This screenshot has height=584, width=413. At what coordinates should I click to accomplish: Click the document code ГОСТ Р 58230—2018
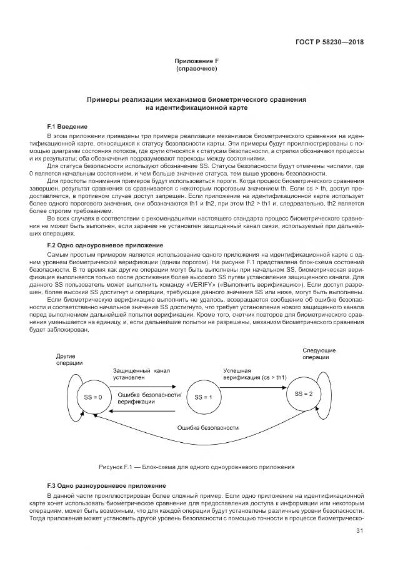(330, 43)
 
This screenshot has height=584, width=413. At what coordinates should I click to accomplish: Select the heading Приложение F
(197, 61)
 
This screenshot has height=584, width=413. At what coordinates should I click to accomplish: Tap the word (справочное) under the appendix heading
(197, 68)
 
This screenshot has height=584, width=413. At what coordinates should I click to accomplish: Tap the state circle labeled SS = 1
(203, 397)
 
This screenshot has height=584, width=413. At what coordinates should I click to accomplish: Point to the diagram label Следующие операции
(319, 354)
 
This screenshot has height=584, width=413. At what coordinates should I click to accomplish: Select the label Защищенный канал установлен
(141, 374)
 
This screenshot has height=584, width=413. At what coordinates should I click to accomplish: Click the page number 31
(359, 531)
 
